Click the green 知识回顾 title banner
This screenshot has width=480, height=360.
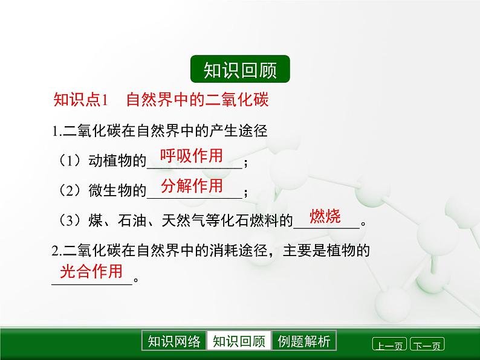[x=240, y=70]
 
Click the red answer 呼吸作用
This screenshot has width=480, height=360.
[x=191, y=156]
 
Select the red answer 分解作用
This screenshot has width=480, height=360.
[x=192, y=186]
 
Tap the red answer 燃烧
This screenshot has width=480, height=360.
[x=325, y=216]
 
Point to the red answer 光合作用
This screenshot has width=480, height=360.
[x=91, y=271]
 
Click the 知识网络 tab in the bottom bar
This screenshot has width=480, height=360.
[x=174, y=341]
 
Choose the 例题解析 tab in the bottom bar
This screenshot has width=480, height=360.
[x=304, y=341]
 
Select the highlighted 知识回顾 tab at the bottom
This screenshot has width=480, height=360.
[x=239, y=341]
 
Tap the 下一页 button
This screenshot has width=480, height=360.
[x=427, y=346]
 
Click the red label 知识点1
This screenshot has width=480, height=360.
[x=80, y=100]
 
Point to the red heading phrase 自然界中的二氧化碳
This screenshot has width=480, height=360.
[x=196, y=100]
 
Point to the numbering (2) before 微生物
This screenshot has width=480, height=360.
[x=70, y=191]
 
